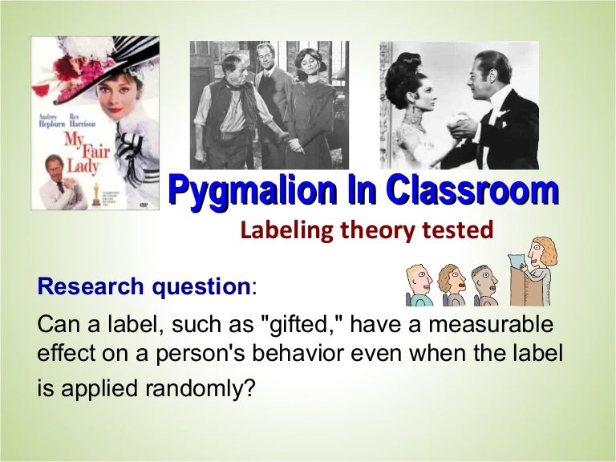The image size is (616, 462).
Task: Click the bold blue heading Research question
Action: [144, 286]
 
